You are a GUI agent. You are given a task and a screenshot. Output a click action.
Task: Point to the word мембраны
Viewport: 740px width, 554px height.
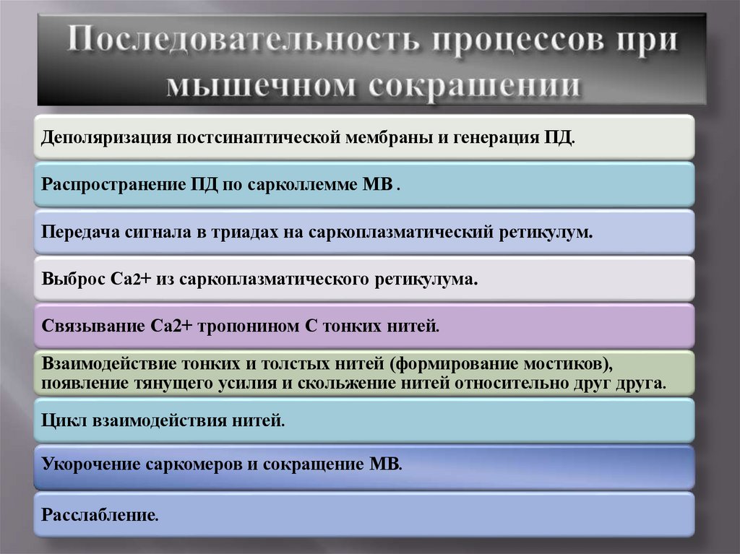click(390, 137)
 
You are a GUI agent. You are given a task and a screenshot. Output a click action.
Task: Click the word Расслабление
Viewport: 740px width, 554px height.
click(99, 515)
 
